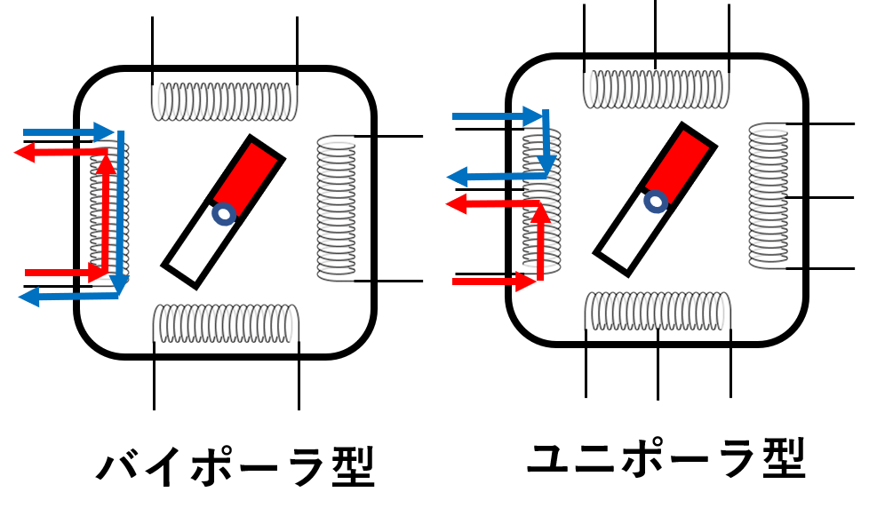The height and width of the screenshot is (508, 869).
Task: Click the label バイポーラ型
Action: pos(236,466)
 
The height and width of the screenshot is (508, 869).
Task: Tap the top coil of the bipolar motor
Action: pos(225,101)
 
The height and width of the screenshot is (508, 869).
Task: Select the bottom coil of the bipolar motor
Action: pos(226,323)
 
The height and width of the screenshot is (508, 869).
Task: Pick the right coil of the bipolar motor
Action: pos(337,209)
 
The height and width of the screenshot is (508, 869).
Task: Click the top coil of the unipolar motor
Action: pos(656,89)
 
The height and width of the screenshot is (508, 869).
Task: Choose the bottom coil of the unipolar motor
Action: pos(658,311)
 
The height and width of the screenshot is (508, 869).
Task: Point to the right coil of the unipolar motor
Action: pos(768,196)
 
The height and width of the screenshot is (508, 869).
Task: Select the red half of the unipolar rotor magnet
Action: pos(679,162)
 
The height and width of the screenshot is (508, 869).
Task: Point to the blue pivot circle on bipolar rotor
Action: pos(225,213)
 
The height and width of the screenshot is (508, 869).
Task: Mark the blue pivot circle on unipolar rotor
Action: pos(656,201)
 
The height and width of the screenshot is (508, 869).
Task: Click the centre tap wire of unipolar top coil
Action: pos(656,35)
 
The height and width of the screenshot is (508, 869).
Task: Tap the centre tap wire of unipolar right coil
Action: pos(820,197)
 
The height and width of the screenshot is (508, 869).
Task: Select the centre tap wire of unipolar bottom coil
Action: pos(658,364)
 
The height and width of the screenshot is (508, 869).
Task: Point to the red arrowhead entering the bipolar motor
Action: pos(97,272)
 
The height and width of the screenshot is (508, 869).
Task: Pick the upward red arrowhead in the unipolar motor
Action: pos(541,214)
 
